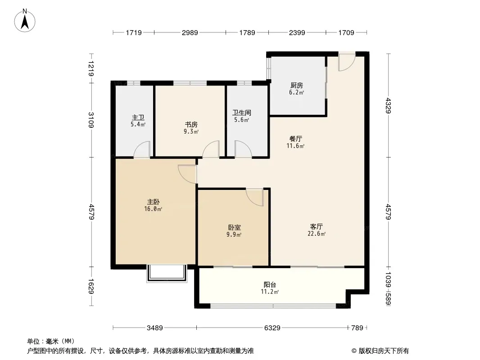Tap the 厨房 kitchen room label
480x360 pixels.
[297, 88]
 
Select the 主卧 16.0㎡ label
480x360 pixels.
[153, 205]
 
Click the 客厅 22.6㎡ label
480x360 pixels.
[317, 230]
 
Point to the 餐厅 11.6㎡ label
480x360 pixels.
[296, 142]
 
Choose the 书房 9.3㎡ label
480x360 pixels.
[191, 128]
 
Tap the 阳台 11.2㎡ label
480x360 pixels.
[270, 288]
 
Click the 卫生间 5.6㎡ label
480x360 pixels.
[241, 116]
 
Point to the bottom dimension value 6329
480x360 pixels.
[272, 328]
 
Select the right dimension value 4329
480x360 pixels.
[388, 106]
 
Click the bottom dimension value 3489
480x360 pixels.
[154, 328]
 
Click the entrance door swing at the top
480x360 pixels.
[347, 62]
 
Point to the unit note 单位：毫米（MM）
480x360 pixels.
[51, 341]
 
